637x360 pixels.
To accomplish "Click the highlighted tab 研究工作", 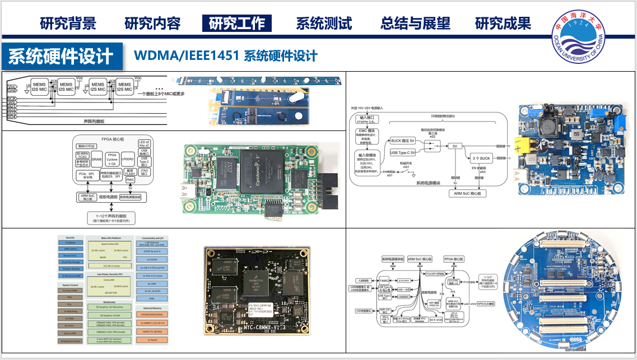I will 236,24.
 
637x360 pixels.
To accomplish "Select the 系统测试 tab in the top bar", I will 324,24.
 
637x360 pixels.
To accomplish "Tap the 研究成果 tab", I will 503,24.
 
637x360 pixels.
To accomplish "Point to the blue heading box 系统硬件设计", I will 61,56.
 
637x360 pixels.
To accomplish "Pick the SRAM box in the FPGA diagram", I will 96,159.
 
